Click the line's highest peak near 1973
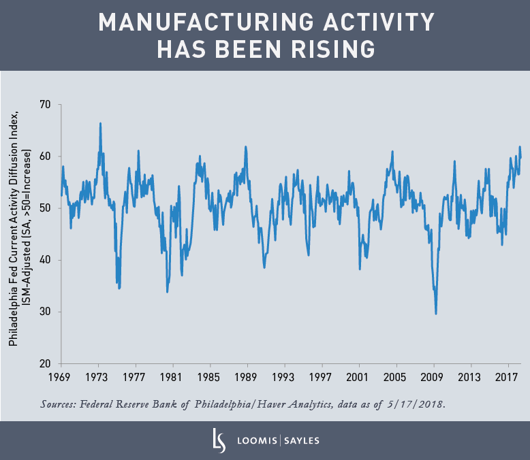click(100, 124)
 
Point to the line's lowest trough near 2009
click(436, 313)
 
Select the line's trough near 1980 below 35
click(167, 292)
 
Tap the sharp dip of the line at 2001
click(360, 269)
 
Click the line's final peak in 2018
click(520, 147)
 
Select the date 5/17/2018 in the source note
click(416, 404)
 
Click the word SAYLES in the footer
click(300, 440)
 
